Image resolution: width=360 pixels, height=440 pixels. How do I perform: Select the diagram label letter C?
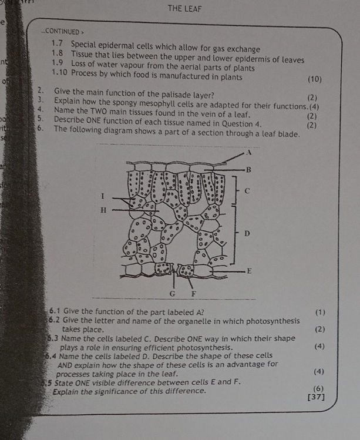pos(247,192)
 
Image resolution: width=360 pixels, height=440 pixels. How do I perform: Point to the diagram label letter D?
pos(247,234)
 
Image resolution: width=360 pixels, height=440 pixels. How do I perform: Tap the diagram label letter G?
pos(173,292)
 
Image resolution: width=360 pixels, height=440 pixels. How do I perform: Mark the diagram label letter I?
pos(102,194)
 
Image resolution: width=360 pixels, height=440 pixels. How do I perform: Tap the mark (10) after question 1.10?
pos(314,79)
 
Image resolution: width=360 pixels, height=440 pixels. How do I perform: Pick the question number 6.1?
pos(58,311)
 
